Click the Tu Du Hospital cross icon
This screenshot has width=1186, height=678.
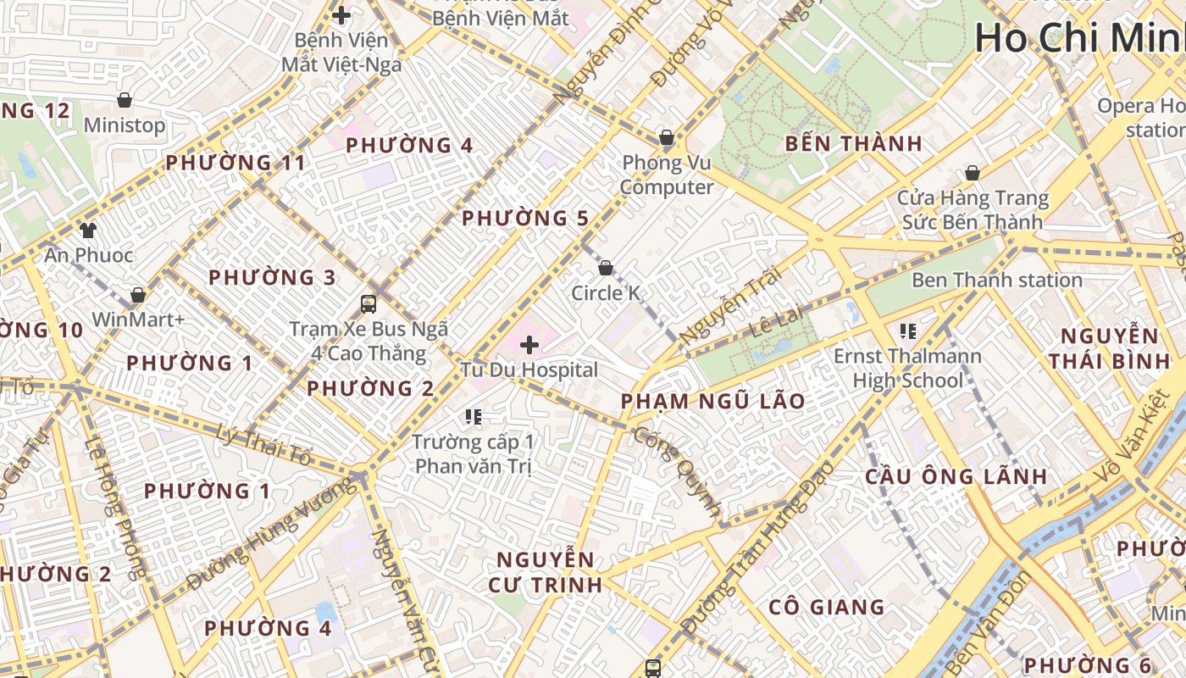[529, 345]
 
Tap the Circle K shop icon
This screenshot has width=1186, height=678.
[606, 269]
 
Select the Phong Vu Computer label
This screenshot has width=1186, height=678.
[667, 175]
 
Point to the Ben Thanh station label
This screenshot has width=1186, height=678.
[996, 280]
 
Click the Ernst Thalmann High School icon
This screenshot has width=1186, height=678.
[908, 331]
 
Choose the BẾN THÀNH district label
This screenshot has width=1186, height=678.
[853, 143]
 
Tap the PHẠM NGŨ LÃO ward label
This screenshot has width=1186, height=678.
[712, 401]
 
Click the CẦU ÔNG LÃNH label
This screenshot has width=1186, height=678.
[956, 476]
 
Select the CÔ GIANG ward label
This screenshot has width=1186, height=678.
[827, 607]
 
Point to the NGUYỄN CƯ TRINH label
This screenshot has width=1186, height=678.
[546, 571]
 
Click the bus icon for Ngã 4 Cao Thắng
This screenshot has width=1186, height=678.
[369, 303]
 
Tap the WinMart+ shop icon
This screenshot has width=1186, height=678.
[138, 295]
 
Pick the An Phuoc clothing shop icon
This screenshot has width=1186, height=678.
[88, 230]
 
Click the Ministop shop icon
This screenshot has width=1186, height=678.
[125, 100]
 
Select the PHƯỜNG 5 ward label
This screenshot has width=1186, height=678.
[524, 218]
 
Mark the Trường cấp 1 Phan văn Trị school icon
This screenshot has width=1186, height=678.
[474, 416]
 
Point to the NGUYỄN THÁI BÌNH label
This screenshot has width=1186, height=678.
[1109, 348]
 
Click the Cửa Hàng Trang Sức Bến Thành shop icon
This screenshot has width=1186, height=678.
[973, 173]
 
